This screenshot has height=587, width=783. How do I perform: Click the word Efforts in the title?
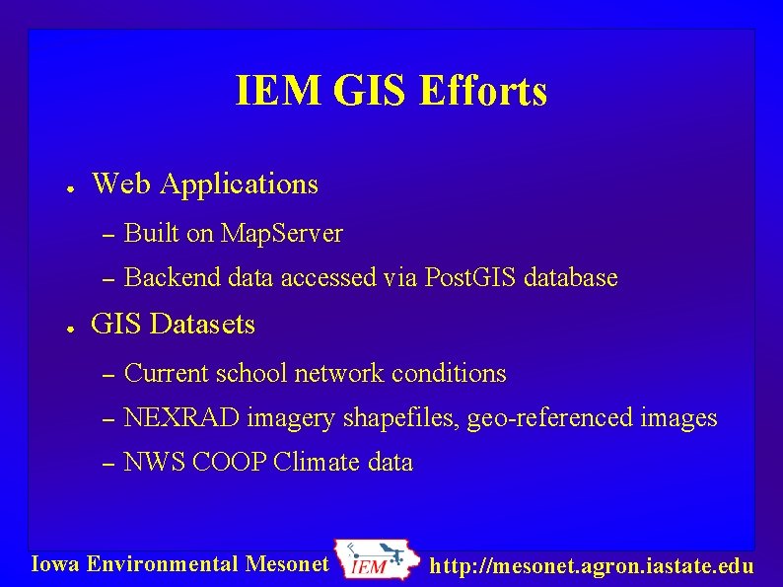coord(483,92)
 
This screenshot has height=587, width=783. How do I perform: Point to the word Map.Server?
coord(282,234)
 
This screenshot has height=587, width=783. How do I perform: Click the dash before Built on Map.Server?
coord(109,235)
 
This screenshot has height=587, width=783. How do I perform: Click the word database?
coord(571,278)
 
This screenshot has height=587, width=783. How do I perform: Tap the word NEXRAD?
coord(182,418)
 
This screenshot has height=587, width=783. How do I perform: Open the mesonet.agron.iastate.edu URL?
coord(593,566)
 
